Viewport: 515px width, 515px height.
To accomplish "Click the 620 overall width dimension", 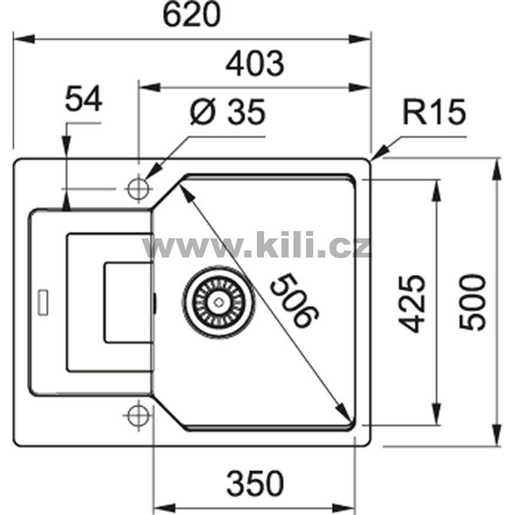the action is pyautogui.click(x=192, y=15).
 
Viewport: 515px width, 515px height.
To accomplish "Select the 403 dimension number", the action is pyautogui.click(x=255, y=63).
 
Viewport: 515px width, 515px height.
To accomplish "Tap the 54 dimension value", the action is pyautogui.click(x=83, y=99).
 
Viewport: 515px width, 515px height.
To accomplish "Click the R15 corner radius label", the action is pyautogui.click(x=434, y=111).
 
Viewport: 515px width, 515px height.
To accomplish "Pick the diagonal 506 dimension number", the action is pyautogui.click(x=295, y=300).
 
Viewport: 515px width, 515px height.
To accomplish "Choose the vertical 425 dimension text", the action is pyautogui.click(x=412, y=303).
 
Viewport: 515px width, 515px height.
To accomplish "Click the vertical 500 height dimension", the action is pyautogui.click(x=472, y=302).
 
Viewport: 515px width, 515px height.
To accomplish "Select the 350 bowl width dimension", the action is pyautogui.click(x=255, y=483).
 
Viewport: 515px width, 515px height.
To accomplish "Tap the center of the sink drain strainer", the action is pyautogui.click(x=219, y=301).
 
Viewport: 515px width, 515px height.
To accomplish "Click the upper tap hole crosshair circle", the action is pyautogui.click(x=138, y=189).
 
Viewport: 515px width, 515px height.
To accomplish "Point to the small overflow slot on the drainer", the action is pyautogui.click(x=43, y=302).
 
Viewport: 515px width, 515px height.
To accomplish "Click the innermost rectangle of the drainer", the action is pyautogui.click(x=128, y=302).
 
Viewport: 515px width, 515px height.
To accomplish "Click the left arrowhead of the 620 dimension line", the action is pyautogui.click(x=23, y=39).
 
